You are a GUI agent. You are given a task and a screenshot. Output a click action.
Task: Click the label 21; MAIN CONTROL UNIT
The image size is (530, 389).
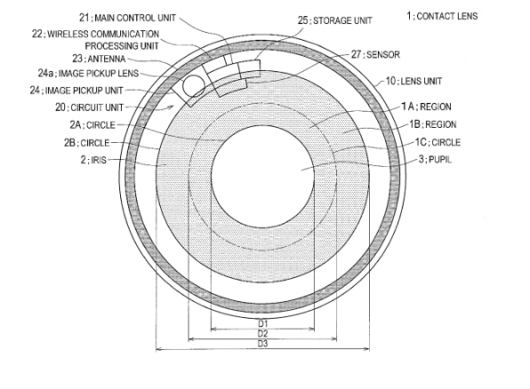click(127, 18)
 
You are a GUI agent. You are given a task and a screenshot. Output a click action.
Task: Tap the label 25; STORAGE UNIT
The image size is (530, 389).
click(334, 20)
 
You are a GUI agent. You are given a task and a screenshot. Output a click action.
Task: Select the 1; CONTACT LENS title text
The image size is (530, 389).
click(442, 16)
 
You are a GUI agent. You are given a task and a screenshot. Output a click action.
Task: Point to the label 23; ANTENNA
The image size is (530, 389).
click(99, 59)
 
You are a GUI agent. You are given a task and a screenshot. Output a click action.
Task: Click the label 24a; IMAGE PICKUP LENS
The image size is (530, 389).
click(88, 74)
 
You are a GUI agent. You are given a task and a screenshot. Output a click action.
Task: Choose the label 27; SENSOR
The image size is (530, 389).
click(375, 54)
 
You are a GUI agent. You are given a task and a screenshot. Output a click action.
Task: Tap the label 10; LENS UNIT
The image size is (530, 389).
click(414, 81)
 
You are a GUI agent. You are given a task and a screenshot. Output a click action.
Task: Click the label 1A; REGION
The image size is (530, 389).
click(426, 107)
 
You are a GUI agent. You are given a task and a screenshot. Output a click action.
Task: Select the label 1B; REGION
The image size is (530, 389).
click(433, 124)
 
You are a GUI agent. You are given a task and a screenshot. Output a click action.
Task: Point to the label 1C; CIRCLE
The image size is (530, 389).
click(438, 142)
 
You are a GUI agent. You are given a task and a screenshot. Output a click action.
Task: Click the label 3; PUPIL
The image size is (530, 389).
click(435, 159)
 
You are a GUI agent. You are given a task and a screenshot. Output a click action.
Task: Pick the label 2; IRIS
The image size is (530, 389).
click(93, 160)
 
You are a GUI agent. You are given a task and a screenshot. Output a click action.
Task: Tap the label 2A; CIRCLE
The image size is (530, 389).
click(92, 125)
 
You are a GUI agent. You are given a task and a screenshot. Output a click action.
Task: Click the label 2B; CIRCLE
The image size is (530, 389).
click(87, 143)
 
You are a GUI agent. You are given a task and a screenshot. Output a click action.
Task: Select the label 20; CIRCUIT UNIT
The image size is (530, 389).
click(89, 107)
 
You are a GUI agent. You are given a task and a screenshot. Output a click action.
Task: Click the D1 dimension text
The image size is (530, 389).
click(262, 323)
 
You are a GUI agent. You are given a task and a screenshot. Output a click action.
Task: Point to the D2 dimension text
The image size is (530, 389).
click(262, 334)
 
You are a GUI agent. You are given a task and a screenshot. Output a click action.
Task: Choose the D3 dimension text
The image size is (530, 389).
click(262, 344)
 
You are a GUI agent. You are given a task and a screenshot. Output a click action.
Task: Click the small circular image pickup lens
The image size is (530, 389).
click(194, 86)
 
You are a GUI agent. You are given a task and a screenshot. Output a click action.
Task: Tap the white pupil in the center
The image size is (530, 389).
click(262, 176)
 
